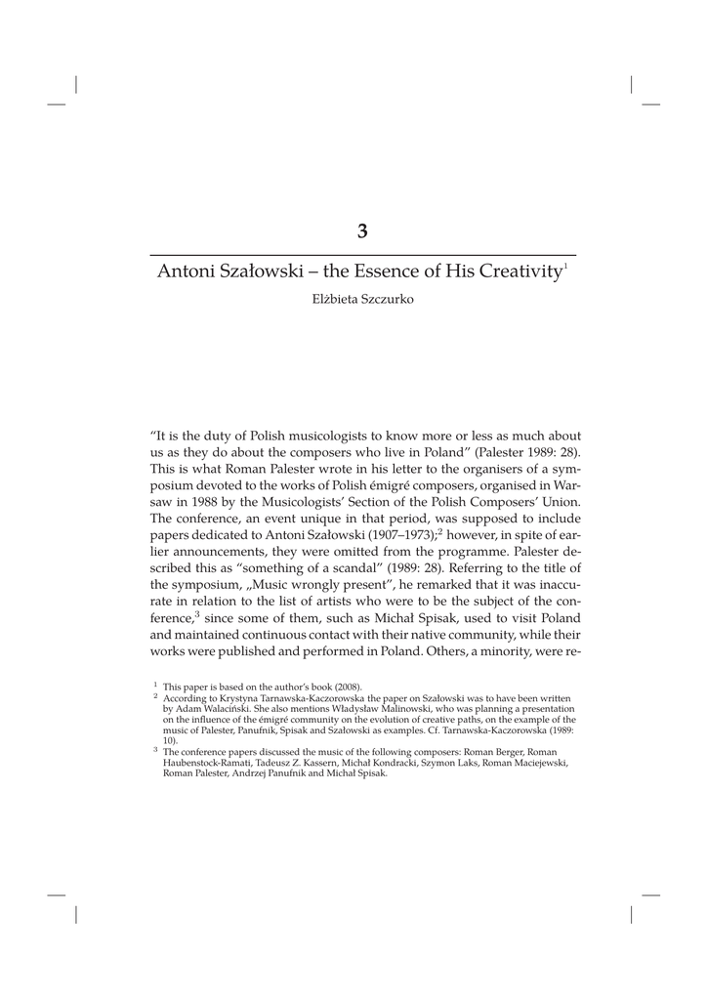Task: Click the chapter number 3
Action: pyautogui.click(x=362, y=231)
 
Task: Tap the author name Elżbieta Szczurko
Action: pyautogui.click(x=362, y=299)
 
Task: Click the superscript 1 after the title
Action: pyautogui.click(x=565, y=266)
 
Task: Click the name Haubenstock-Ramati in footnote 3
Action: pyautogui.click(x=207, y=763)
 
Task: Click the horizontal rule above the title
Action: pyautogui.click(x=362, y=254)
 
